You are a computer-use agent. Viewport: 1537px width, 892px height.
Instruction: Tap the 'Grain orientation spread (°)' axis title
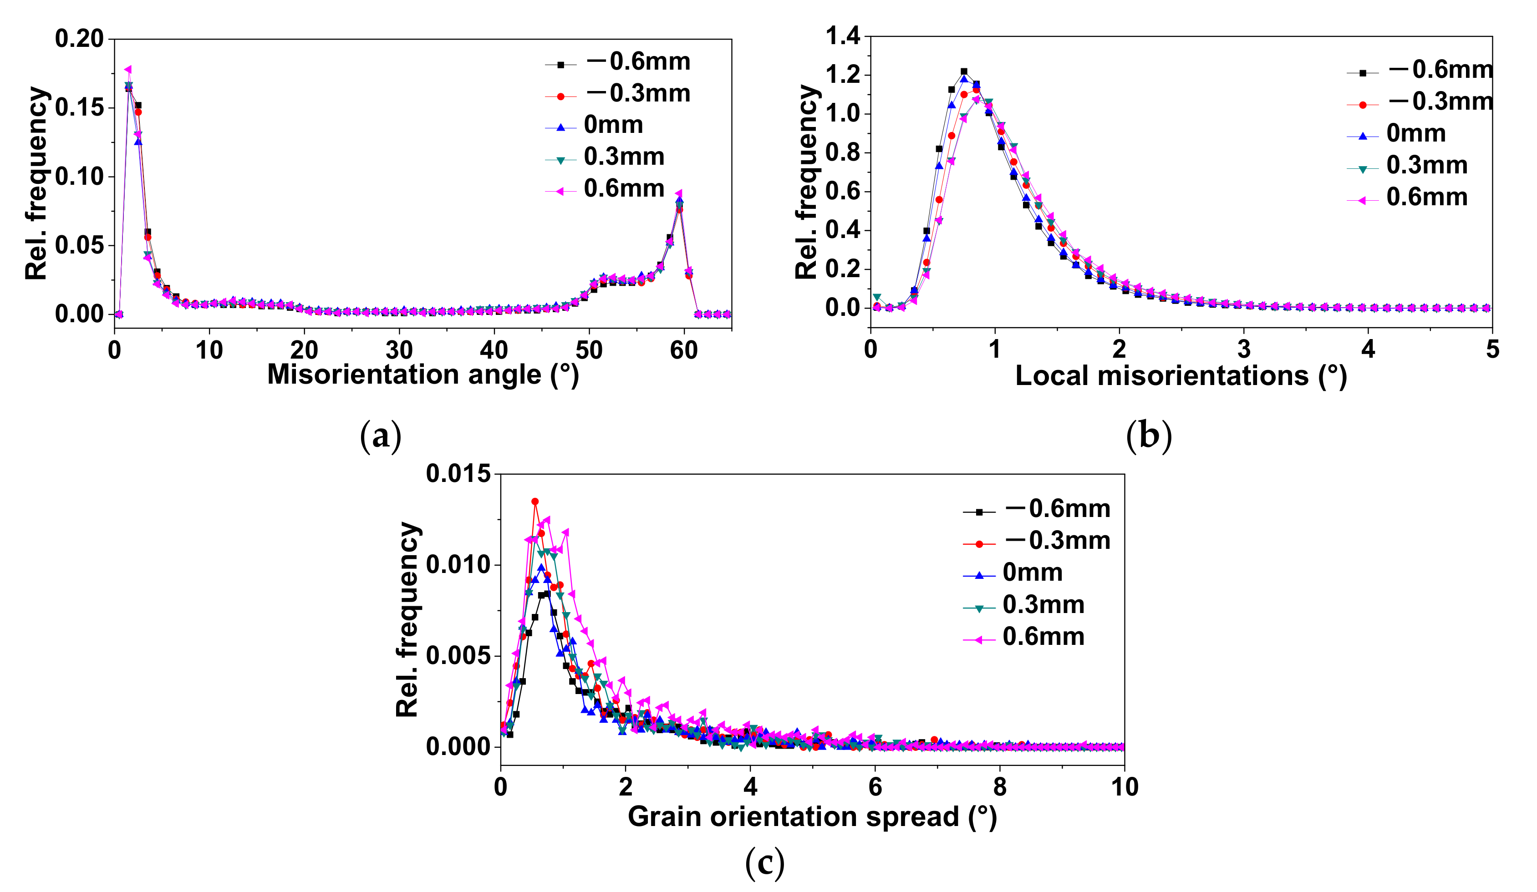coord(812,816)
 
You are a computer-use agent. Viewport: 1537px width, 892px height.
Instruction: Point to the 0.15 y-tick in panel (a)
coord(79,108)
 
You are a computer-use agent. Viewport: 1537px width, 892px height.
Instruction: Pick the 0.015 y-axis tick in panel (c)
coord(458,474)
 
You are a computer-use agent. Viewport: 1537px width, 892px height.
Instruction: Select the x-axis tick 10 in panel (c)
coord(1124,787)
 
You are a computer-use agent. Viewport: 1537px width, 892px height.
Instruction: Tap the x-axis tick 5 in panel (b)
coord(1492,350)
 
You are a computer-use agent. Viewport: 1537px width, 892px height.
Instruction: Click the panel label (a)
coord(381,436)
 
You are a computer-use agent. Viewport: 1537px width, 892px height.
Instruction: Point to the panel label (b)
coord(1149,436)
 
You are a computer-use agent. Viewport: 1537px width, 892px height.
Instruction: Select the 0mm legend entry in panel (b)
coord(1415,133)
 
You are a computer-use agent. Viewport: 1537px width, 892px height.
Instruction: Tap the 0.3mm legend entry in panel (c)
coord(1043,605)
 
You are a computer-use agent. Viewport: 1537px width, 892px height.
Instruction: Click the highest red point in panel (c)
coord(535,501)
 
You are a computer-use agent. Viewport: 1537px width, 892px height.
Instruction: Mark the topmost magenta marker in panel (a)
coord(128,70)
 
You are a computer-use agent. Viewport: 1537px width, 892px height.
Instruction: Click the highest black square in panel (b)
coord(964,71)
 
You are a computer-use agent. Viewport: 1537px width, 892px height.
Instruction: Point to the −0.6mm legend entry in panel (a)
coord(637,61)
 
